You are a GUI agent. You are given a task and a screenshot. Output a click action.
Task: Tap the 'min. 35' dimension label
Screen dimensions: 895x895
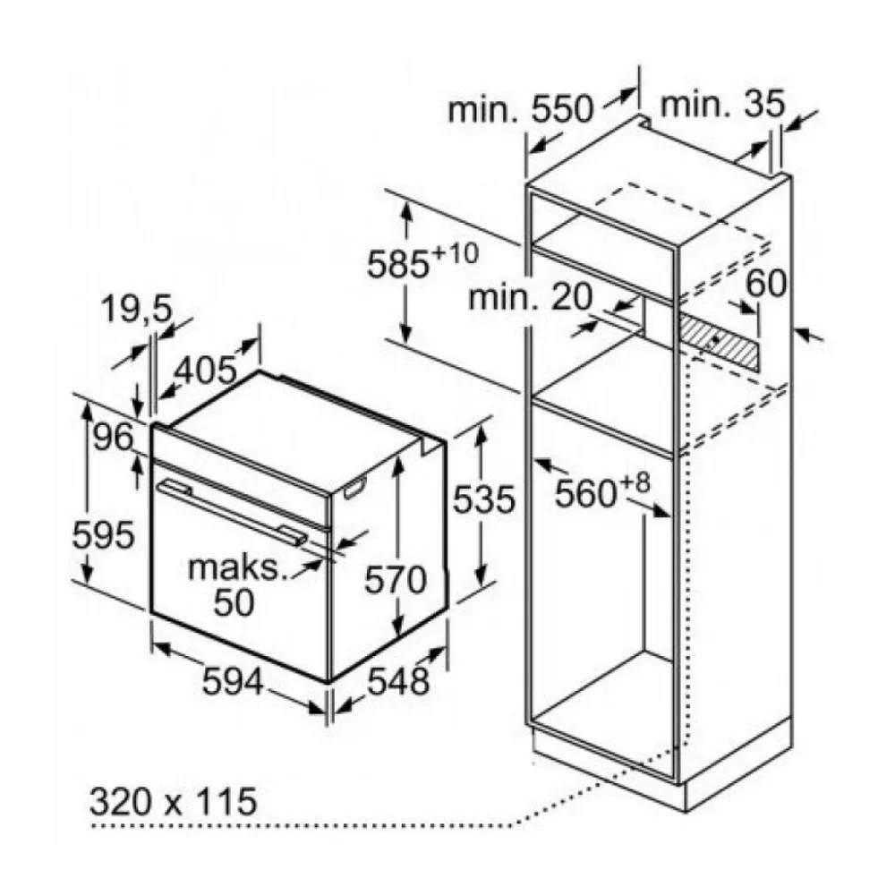[722, 105]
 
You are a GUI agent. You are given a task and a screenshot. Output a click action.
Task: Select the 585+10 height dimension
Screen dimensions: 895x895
[422, 262]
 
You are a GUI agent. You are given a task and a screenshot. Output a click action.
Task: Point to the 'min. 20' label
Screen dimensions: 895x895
[530, 297]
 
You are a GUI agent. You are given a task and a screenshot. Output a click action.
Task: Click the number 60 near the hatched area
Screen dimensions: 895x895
[765, 283]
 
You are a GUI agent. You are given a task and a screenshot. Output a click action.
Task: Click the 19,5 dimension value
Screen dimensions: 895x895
[136, 311]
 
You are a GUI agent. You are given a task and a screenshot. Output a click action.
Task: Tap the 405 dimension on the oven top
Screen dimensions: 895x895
[205, 370]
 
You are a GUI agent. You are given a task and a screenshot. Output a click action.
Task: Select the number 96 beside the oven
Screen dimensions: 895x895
[113, 438]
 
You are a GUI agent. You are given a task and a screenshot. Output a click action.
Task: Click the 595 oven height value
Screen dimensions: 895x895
[103, 535]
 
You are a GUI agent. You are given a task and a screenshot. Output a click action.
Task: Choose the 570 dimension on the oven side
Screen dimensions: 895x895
[395, 580]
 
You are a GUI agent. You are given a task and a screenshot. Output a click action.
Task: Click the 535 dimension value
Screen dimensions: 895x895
[484, 500]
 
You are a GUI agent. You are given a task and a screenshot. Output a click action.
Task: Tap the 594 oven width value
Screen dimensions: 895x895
[234, 681]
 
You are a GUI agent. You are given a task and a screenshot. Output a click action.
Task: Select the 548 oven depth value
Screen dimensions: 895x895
[398, 681]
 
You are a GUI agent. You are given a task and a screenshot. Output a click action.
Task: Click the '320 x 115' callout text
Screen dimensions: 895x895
[173, 801]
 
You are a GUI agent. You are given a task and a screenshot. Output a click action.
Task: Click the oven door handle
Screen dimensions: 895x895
[233, 511]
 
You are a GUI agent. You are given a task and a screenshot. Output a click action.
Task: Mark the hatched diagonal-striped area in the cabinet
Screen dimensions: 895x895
[718, 342]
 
